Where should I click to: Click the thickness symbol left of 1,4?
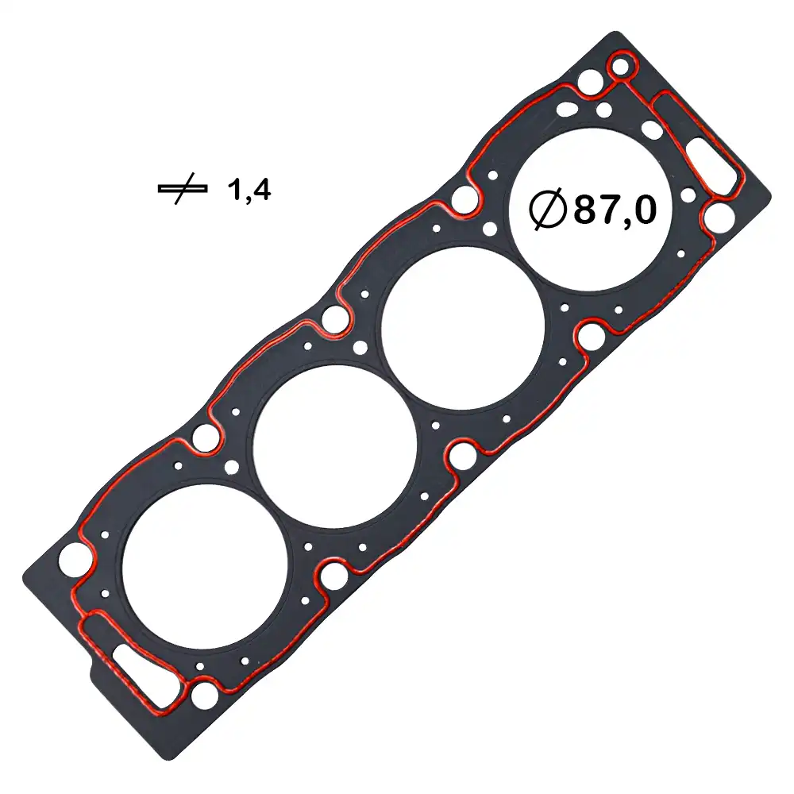(182, 190)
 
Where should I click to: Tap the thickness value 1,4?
(249, 190)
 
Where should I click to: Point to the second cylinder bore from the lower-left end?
(334, 446)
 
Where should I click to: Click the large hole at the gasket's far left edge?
(72, 560)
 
